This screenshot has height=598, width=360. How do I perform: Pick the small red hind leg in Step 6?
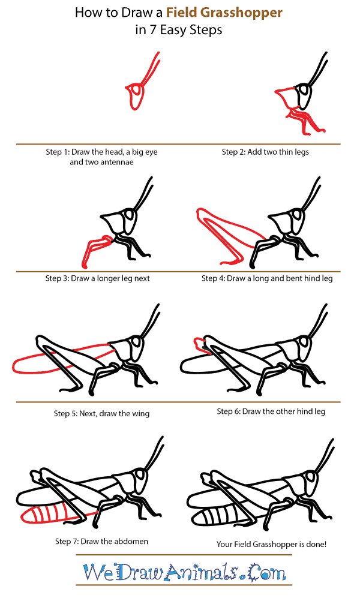[198, 344]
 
